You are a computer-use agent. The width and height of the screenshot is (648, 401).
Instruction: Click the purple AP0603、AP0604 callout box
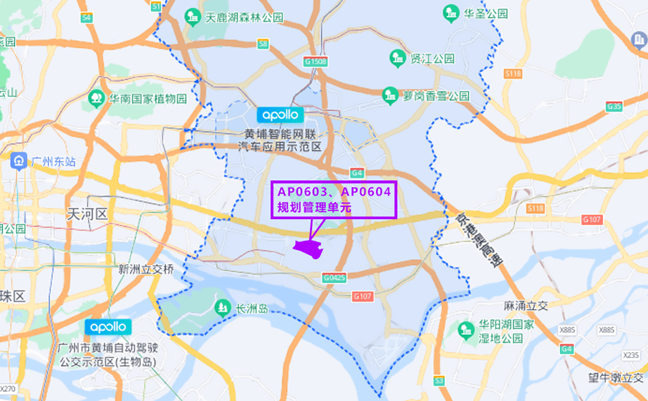[333, 200]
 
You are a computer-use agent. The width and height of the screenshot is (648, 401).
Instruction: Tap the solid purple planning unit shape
[309, 248]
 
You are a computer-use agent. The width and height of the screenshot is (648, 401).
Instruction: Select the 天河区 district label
[86, 214]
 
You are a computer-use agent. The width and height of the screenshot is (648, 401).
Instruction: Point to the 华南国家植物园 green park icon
[95, 98]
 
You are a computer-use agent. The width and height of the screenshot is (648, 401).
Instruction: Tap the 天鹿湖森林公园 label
[244, 16]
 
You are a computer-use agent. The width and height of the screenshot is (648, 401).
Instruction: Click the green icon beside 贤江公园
[397, 57]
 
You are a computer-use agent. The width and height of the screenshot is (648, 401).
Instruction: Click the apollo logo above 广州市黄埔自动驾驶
[108, 327]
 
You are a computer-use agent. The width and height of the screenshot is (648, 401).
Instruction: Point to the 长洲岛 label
[251, 309]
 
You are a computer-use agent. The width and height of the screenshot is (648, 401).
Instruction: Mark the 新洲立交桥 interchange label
[146, 269]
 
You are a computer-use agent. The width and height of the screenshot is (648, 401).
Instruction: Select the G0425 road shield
[334, 277]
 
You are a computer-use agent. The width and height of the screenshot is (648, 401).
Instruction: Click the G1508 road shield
[315, 62]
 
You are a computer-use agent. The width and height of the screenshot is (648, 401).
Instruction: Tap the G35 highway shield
[614, 106]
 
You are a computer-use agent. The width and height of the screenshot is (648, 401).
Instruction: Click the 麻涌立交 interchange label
[525, 306]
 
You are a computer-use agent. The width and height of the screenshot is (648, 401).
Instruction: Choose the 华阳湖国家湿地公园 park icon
[465, 329]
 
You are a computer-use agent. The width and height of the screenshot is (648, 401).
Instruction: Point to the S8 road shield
[263, 44]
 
